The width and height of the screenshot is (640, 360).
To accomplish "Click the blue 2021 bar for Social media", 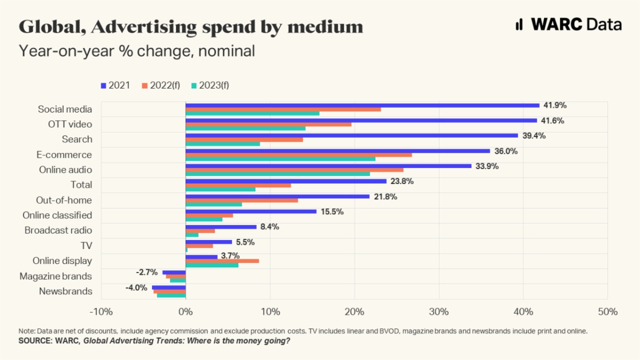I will (x=363, y=105).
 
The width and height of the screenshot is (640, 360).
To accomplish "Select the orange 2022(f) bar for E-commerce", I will (x=299, y=155).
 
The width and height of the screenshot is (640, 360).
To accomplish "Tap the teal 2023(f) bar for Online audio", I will (x=277, y=174).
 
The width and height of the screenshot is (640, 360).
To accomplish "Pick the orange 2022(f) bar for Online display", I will (x=222, y=261).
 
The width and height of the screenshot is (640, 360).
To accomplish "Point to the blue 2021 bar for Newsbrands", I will (x=169, y=287).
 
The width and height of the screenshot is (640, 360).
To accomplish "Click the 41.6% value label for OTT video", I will (x=553, y=121).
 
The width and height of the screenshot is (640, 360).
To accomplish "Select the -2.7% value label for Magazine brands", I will (x=147, y=272).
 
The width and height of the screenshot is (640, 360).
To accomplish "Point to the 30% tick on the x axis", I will (x=439, y=311).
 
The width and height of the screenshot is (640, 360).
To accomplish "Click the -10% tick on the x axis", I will (x=101, y=311).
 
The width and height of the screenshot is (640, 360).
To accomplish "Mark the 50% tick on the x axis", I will (x=607, y=311).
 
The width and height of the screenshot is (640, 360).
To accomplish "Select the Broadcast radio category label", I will (x=58, y=230).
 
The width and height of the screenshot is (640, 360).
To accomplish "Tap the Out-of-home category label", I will (x=64, y=200).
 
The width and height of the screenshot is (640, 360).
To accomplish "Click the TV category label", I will (x=86, y=246).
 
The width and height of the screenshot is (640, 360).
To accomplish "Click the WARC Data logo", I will (x=569, y=25).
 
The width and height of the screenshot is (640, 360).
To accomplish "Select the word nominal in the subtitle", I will (x=223, y=51).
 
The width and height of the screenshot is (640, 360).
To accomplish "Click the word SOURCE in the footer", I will (x=35, y=340).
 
